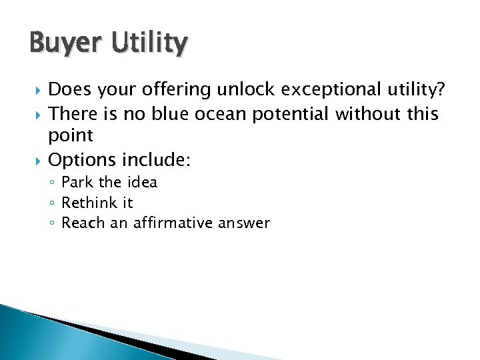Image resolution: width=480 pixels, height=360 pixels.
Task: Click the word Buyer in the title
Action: pos(61,44)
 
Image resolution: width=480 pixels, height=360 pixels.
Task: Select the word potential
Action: pos(292,114)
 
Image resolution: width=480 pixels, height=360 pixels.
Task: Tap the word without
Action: pos(369,114)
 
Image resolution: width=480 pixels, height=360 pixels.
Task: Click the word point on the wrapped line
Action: pos(70,136)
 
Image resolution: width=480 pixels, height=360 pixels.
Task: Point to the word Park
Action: pos(77,183)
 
